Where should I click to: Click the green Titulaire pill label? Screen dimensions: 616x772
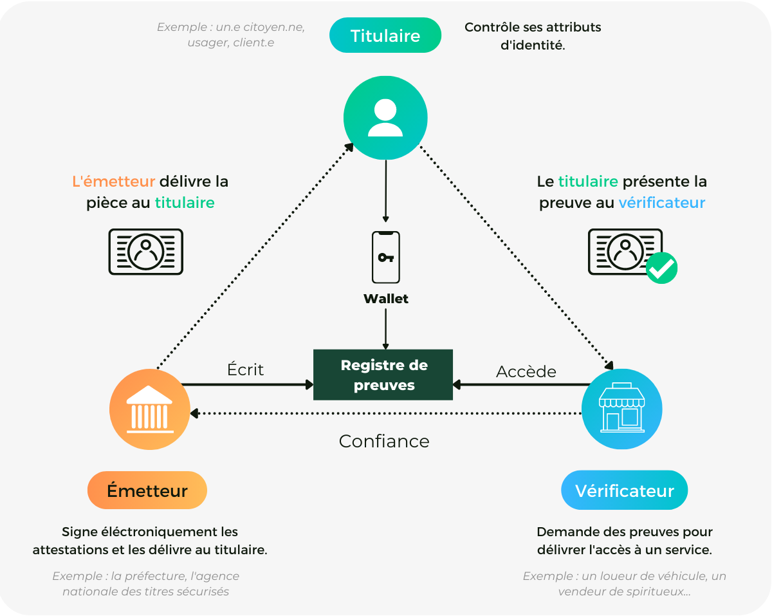[x=385, y=35]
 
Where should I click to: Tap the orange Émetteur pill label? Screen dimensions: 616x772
[x=147, y=490]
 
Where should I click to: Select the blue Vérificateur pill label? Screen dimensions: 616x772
[x=624, y=490]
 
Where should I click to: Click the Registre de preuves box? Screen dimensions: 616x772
[x=383, y=375]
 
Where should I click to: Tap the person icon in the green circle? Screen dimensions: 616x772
[x=385, y=118]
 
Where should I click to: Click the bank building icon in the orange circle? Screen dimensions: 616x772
[x=149, y=409]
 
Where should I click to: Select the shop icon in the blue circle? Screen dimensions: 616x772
[x=621, y=408]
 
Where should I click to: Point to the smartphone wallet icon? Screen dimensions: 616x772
[x=385, y=257]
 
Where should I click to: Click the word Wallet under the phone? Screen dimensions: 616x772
[x=385, y=299]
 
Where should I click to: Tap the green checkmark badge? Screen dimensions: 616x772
[x=661, y=268]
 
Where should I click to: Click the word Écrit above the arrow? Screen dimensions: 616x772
[x=245, y=369]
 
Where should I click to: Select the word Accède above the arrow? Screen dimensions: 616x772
[x=526, y=371]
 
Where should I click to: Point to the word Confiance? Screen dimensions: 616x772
[x=384, y=441]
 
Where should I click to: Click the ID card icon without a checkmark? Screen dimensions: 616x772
[x=146, y=252]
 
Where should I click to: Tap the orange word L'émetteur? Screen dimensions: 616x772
[x=113, y=182]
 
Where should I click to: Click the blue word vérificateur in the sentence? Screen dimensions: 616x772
[x=661, y=203]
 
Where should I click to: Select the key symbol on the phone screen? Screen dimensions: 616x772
[x=385, y=257]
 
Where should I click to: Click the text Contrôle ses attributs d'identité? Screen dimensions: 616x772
[x=533, y=37]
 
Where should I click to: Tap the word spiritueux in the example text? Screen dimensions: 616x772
[x=657, y=591]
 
